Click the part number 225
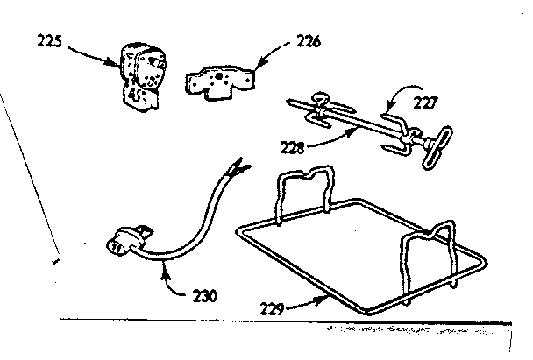click(x=49, y=41)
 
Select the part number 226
click(x=309, y=41)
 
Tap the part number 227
click(x=426, y=102)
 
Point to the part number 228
click(x=292, y=147)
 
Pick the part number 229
click(x=272, y=308)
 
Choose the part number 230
click(x=204, y=296)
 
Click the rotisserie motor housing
click(x=142, y=76)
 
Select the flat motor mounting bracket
click(x=220, y=82)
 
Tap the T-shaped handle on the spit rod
click(x=437, y=147)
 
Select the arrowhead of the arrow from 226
click(x=258, y=65)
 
